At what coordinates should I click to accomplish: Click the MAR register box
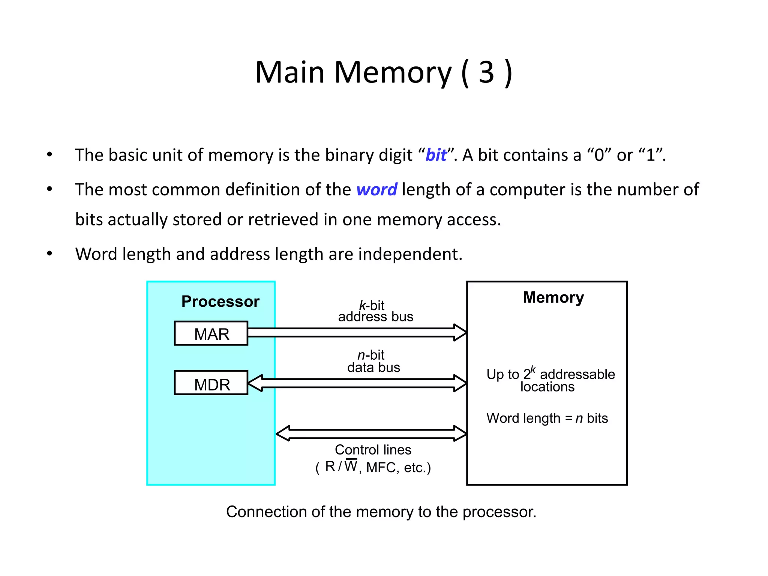pos(211,333)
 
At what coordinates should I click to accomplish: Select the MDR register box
pos(211,383)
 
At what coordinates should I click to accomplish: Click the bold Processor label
pos(220,302)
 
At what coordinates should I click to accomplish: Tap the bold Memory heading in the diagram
pos(553,298)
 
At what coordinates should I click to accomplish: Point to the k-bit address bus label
pos(375,311)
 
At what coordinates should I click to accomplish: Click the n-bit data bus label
pos(373,361)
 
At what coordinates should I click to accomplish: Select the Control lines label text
pos(373,450)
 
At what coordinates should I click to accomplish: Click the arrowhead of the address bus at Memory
pos(460,332)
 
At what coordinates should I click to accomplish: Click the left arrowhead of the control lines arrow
pos(283,433)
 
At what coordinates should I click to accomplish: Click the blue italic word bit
pos(436,155)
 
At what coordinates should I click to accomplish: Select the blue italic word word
pos(376,190)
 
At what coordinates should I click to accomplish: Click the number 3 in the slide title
pos(486,72)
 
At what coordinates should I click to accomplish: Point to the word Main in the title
pos(289,72)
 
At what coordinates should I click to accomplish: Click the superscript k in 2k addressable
pos(533,370)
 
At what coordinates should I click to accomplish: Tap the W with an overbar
pos(351,466)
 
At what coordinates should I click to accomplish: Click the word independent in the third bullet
pos(410,254)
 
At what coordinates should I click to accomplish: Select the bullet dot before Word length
pos(49,254)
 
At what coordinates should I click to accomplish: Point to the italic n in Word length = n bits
pos(579,418)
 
